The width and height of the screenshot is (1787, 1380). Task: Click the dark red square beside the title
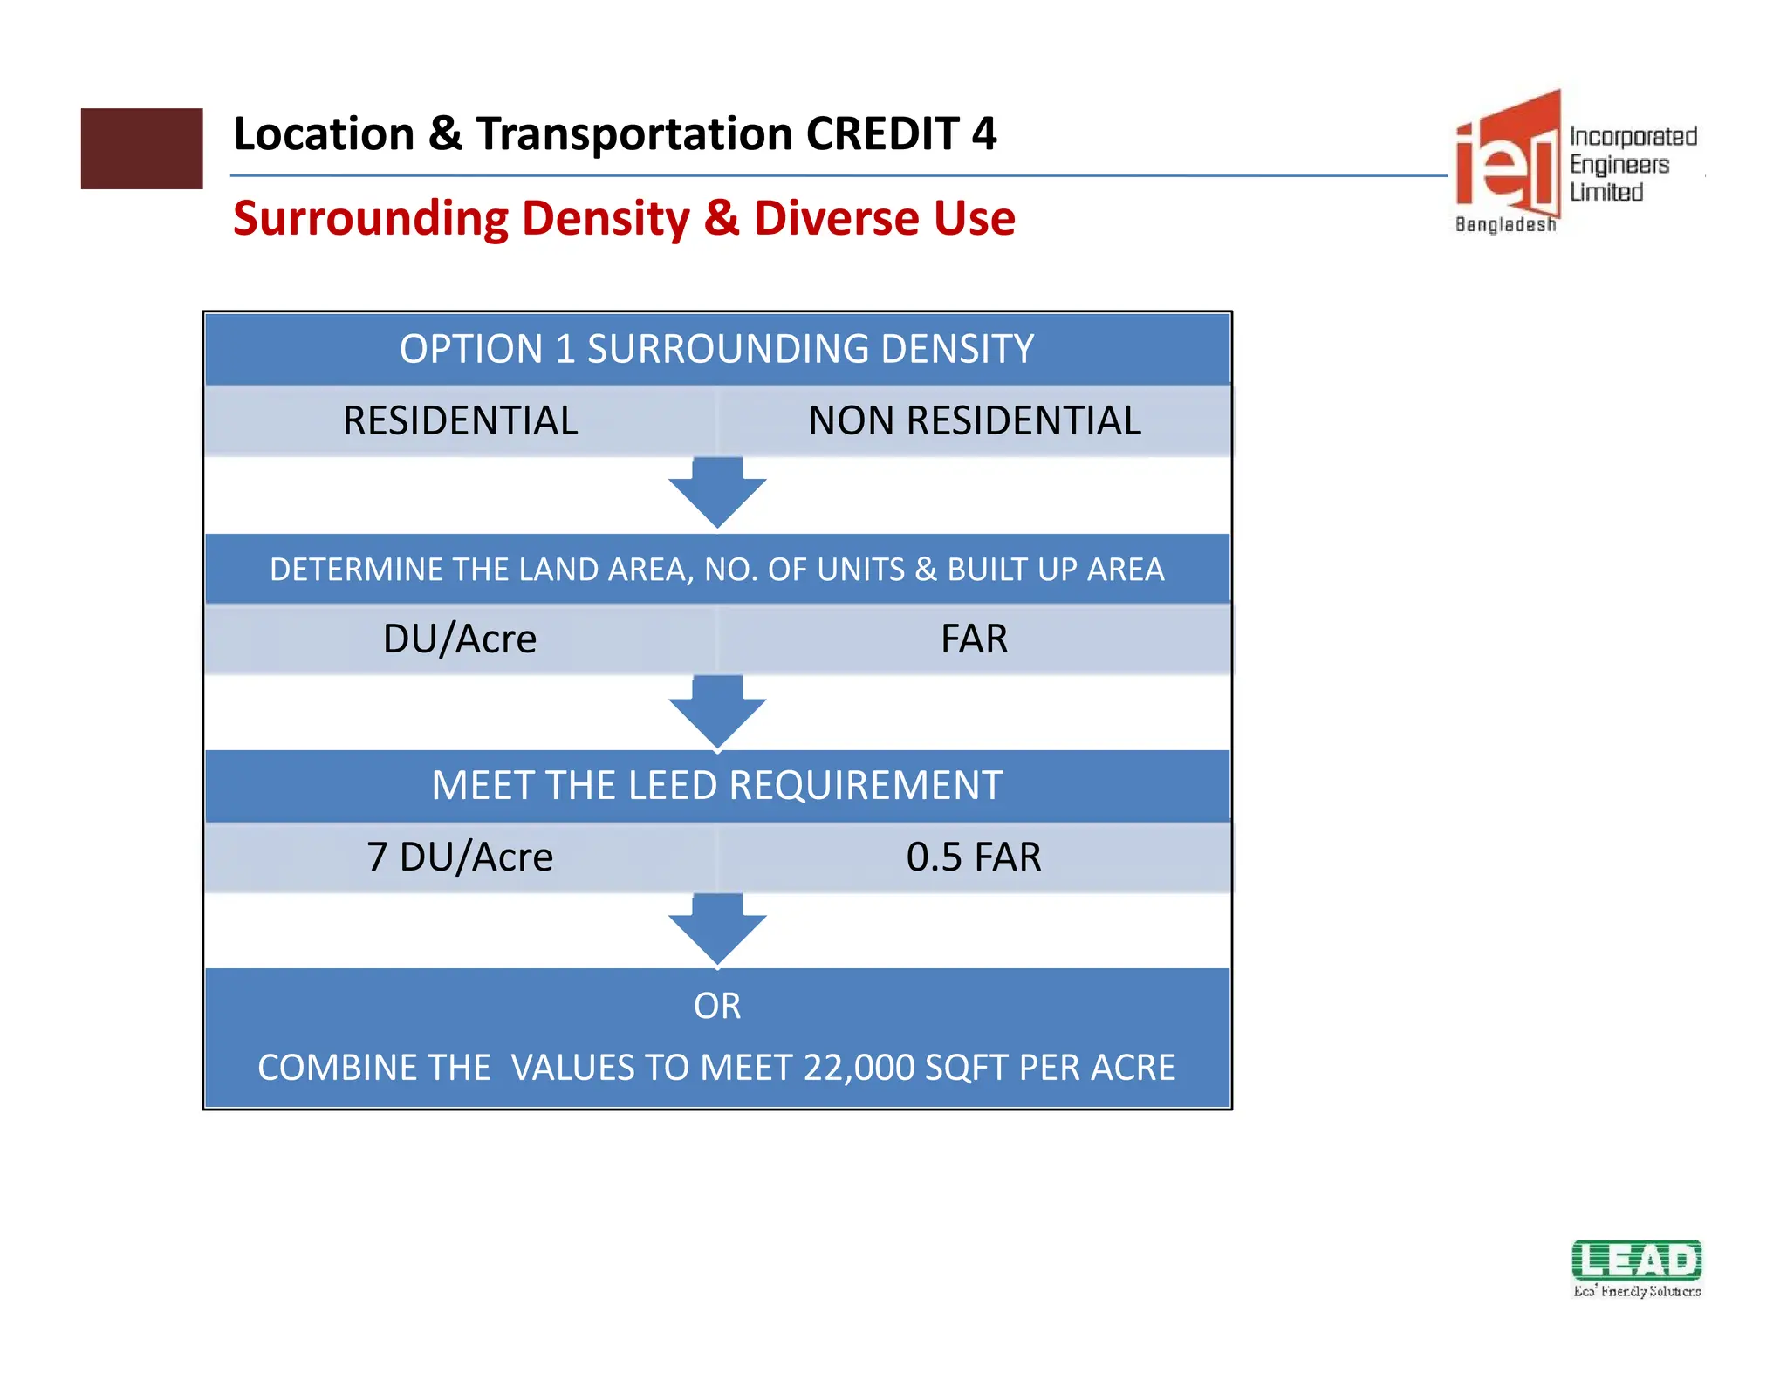141,148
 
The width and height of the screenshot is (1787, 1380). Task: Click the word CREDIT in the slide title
882,134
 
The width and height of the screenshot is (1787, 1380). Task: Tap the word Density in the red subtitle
600,218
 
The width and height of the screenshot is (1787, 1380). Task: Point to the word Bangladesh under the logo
1505,225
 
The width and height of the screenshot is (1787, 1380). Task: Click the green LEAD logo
1636,1261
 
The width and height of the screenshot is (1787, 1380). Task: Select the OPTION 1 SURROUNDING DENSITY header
716,349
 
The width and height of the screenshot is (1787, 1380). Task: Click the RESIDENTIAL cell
460,420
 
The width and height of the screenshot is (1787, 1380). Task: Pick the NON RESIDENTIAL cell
974,420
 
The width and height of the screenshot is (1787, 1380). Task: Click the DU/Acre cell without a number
460,639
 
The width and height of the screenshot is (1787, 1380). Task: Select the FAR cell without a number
974,639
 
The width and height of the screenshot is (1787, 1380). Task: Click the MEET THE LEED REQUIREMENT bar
716,785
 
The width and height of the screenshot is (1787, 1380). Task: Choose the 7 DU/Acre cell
460,857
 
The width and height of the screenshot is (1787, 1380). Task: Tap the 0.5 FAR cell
974,857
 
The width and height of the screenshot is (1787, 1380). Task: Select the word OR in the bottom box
717,1006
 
